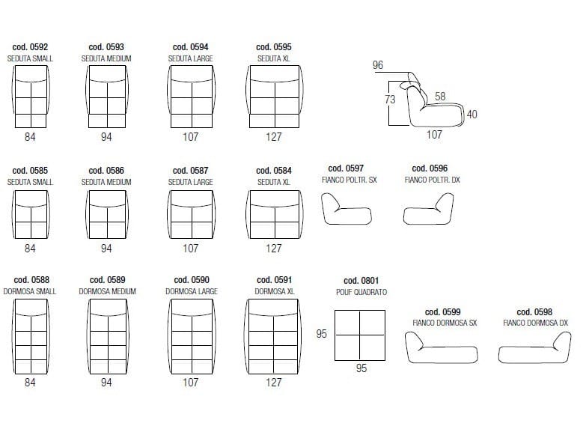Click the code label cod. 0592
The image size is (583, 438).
(30, 47)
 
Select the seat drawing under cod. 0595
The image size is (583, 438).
(275, 97)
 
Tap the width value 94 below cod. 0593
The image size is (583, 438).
(106, 137)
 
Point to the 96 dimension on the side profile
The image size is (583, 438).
(378, 65)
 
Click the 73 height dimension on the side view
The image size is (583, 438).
(390, 100)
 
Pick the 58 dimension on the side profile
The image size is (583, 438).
(440, 97)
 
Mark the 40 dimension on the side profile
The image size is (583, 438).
(471, 114)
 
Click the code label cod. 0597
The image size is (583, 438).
(346, 168)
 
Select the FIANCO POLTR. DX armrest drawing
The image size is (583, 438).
(428, 209)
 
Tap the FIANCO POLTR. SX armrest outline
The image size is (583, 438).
(347, 209)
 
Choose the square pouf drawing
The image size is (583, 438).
(360, 335)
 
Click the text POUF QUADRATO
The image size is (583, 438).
(361, 292)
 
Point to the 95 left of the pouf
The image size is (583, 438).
(322, 333)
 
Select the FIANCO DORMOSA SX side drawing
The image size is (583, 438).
(442, 347)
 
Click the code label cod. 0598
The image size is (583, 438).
(534, 312)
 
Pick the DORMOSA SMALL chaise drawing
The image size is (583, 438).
(31, 336)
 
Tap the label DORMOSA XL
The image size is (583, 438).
(275, 291)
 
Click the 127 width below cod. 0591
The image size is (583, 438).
(274, 383)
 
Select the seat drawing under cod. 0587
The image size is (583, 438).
(192, 215)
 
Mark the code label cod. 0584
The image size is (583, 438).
(274, 171)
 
